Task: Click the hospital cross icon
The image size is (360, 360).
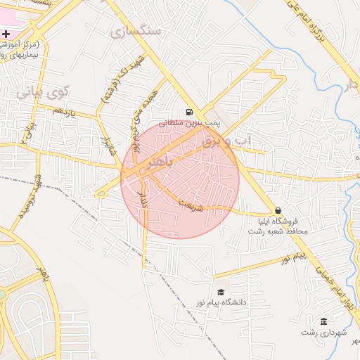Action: (x=6, y=34)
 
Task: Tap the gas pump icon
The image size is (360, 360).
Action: (x=189, y=112)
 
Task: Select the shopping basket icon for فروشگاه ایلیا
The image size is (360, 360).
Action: (x=278, y=210)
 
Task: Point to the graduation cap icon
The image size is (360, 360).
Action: (x=221, y=292)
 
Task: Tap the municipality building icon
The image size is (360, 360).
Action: (x=323, y=321)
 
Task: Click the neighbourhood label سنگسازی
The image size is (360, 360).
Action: (x=136, y=32)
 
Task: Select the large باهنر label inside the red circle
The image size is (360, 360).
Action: (x=154, y=162)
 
